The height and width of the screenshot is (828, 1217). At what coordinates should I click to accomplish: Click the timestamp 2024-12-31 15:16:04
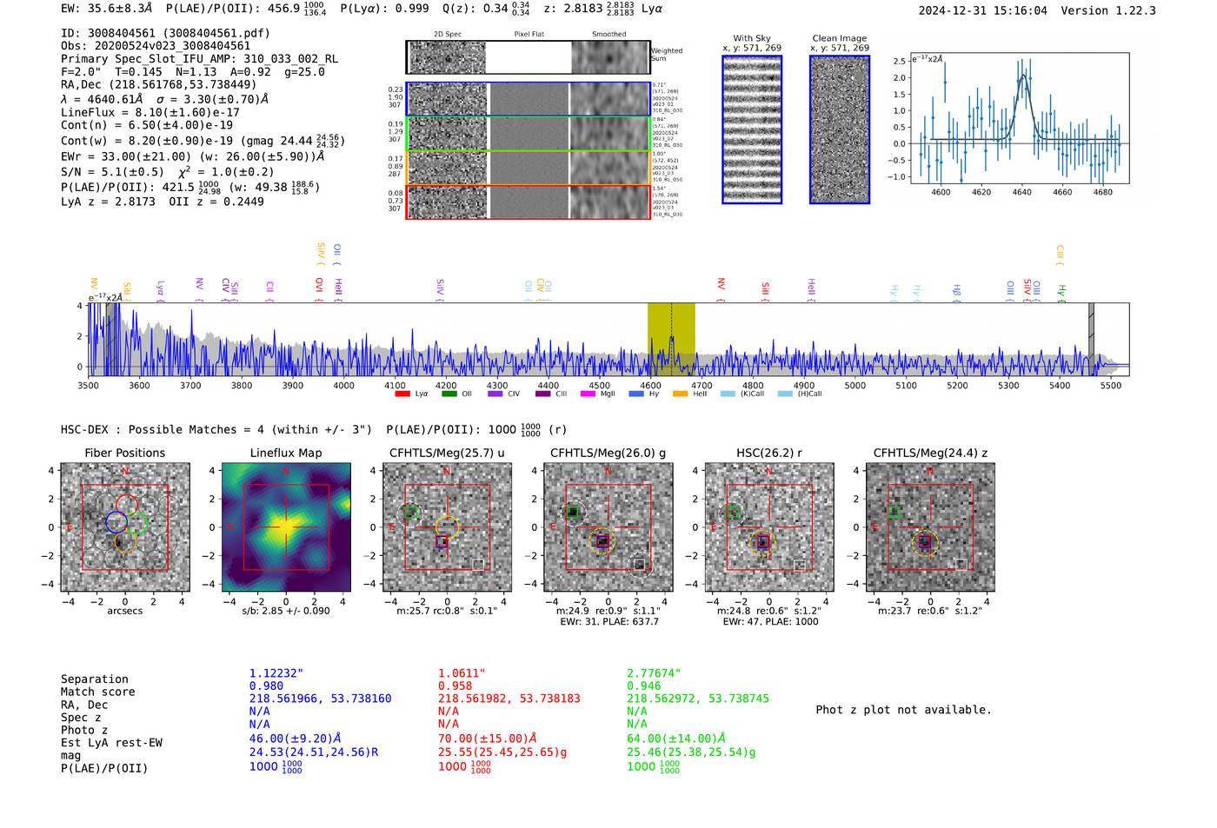pyautogui.click(x=982, y=10)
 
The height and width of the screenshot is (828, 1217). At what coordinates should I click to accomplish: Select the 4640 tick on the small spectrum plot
pyautogui.click(x=1021, y=192)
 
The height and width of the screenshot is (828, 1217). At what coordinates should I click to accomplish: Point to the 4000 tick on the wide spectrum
pyautogui.click(x=343, y=385)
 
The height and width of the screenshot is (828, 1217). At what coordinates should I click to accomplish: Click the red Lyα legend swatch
pyautogui.click(x=402, y=394)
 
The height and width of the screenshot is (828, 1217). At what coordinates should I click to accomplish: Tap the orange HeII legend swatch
pyautogui.click(x=680, y=394)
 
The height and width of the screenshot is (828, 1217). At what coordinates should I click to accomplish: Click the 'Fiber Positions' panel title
pyautogui.click(x=124, y=453)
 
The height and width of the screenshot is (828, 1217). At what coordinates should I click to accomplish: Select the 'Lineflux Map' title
pyautogui.click(x=285, y=453)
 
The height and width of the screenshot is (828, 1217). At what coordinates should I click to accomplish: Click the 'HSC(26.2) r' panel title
pyautogui.click(x=768, y=453)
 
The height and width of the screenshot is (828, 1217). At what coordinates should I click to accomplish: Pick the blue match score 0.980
pyautogui.click(x=266, y=686)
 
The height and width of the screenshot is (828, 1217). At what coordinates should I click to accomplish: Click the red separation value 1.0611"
pyautogui.click(x=461, y=673)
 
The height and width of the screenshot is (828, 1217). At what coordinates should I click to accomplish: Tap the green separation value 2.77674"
pyautogui.click(x=654, y=673)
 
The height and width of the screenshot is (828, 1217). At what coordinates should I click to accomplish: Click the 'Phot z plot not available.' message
pyautogui.click(x=903, y=710)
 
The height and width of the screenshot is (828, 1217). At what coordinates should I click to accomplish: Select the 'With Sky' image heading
pyautogui.click(x=751, y=38)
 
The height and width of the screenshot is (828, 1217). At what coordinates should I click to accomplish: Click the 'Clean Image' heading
pyautogui.click(x=839, y=38)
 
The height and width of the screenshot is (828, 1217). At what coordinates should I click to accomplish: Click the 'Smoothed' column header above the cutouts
pyautogui.click(x=608, y=35)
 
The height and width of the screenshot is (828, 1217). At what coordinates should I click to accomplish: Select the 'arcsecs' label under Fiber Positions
pyautogui.click(x=124, y=611)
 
